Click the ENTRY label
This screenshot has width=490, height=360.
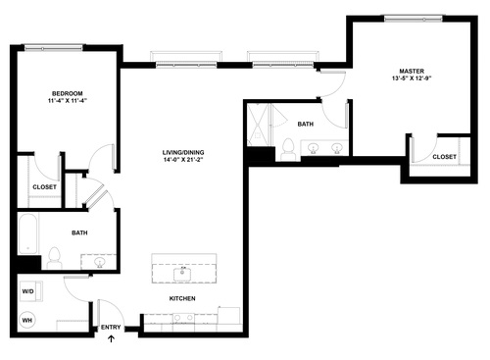point(110,328)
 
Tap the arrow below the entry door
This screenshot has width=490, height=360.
point(110,340)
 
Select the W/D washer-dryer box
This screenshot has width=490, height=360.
point(28,291)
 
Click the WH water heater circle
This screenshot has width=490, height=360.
point(28,320)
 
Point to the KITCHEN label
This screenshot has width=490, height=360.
point(182,298)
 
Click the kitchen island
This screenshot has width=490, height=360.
point(183,268)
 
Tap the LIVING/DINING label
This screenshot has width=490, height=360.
point(183,153)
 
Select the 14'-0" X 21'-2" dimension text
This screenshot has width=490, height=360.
point(183,163)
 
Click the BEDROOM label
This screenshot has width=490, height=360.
point(67,93)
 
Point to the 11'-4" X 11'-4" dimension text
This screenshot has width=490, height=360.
point(67,103)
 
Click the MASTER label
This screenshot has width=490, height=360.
point(412,71)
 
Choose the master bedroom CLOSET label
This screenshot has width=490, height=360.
point(444,157)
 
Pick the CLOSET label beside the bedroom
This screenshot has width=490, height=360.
point(44,186)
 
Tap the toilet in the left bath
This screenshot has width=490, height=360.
point(55,259)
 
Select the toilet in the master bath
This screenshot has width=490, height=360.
point(288,149)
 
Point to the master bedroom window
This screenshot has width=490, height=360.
point(412,17)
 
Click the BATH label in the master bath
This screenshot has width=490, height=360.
point(305,124)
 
